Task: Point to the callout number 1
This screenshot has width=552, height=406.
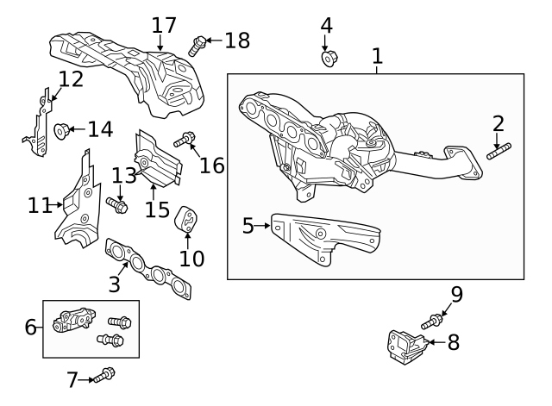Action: (x=377, y=57)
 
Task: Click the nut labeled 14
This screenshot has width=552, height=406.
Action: (x=61, y=130)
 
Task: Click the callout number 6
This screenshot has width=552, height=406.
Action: (x=30, y=327)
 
